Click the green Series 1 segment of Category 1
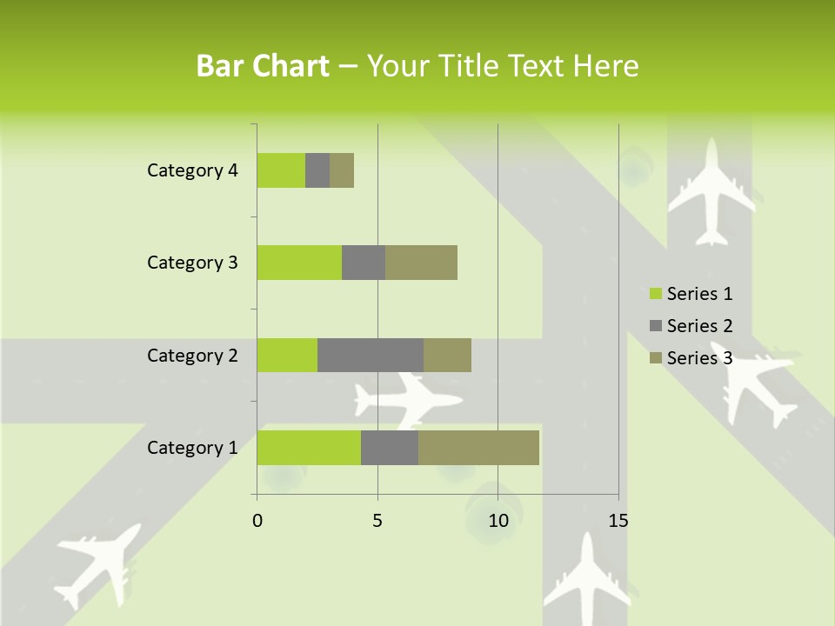pyautogui.click(x=309, y=447)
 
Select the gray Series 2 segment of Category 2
pyautogui.click(x=371, y=355)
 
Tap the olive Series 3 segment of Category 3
pyautogui.click(x=421, y=263)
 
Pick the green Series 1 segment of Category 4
pyautogui.click(x=281, y=170)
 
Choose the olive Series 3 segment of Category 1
pyautogui.click(x=478, y=447)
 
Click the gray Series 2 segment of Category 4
pyautogui.click(x=317, y=170)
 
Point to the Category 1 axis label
pyautogui.click(x=192, y=448)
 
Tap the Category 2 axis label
pyautogui.click(x=192, y=356)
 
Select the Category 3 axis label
pyautogui.click(x=192, y=263)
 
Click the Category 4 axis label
pyautogui.click(x=192, y=170)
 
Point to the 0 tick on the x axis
pyautogui.click(x=257, y=521)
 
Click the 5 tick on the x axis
pyautogui.click(x=377, y=521)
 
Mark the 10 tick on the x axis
pyautogui.click(x=498, y=521)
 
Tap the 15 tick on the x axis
pyautogui.click(x=618, y=521)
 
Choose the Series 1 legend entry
pyautogui.click(x=691, y=294)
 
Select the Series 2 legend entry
pyautogui.click(x=691, y=326)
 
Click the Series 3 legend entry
pyautogui.click(x=691, y=357)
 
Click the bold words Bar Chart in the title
pyautogui.click(x=263, y=66)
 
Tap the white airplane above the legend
pyautogui.click(x=712, y=190)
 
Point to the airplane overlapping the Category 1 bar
pyautogui.click(x=407, y=400)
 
